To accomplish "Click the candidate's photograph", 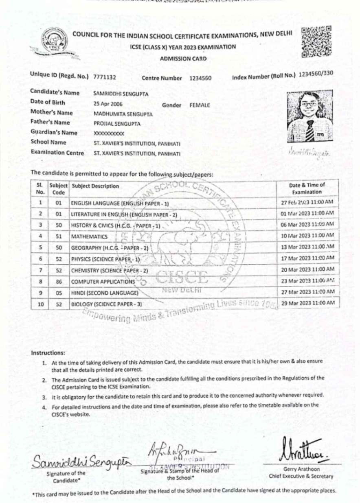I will click(x=309, y=116).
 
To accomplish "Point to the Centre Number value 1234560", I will click(x=200, y=77).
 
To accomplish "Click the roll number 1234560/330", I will click(x=316, y=74).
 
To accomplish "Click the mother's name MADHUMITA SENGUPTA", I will click(x=123, y=114).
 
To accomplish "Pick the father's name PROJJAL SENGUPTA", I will click(x=117, y=123).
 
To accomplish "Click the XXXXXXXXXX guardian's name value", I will click(x=109, y=133).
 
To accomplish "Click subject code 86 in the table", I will click(x=58, y=281).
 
